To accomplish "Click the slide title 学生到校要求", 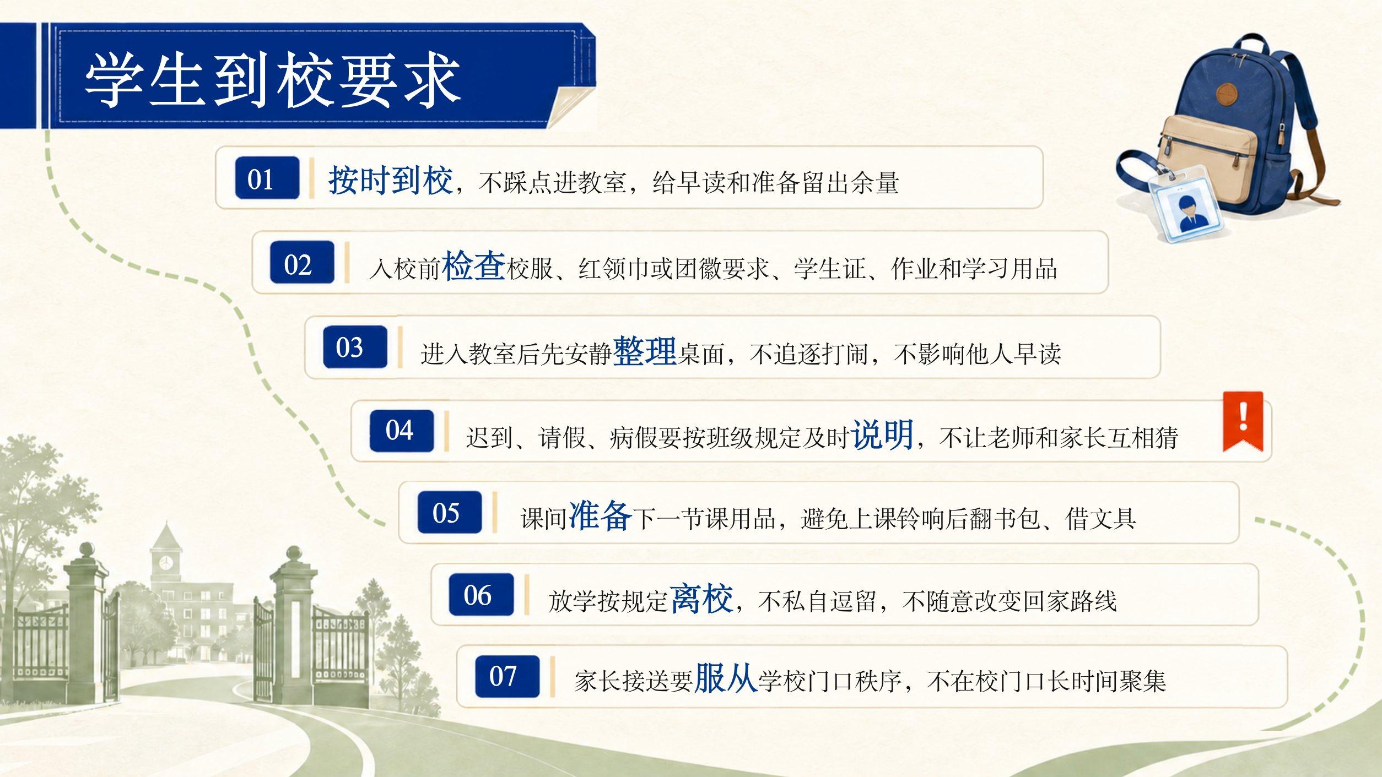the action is click(x=273, y=80).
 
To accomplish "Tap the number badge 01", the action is click(x=267, y=178).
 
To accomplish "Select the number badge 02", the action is click(x=302, y=263).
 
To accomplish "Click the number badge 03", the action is click(x=355, y=347).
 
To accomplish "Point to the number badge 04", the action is click(x=402, y=431).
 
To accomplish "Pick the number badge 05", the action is click(x=450, y=513).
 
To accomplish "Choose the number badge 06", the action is click(x=481, y=595).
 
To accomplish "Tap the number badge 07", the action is click(x=508, y=677).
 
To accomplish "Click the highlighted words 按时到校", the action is click(x=391, y=180).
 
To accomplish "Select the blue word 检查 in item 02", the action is click(x=474, y=265).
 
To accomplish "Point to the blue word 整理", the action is click(x=645, y=350).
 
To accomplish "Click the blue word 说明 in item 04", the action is click(x=883, y=434).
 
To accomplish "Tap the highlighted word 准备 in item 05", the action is click(x=600, y=515).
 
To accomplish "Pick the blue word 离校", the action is click(x=702, y=598).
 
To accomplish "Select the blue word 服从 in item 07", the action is click(x=726, y=678).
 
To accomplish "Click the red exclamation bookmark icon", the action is click(x=1243, y=422).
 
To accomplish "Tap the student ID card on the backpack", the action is click(x=1185, y=204).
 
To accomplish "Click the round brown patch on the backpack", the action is click(x=1227, y=94).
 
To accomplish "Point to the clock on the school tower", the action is click(x=165, y=563).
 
